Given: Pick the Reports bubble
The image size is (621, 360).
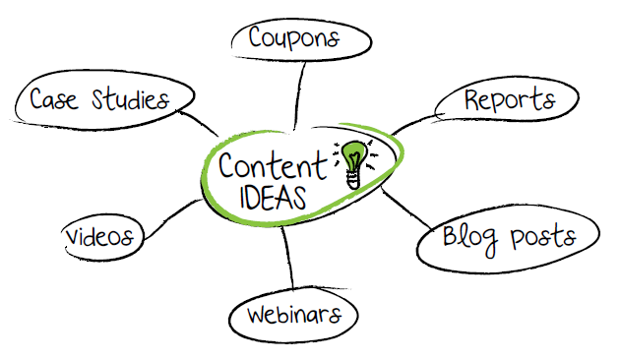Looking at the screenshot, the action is click(509, 100).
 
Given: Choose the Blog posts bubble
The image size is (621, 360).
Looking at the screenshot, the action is click(506, 237).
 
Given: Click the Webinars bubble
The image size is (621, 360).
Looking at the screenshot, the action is click(293, 316).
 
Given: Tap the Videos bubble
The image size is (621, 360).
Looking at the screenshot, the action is click(102, 237).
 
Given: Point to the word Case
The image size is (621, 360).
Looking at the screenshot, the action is click(54, 99).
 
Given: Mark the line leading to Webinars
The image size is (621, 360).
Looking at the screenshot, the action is click(287, 261).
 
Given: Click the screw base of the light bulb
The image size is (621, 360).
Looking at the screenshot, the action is click(351, 180).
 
